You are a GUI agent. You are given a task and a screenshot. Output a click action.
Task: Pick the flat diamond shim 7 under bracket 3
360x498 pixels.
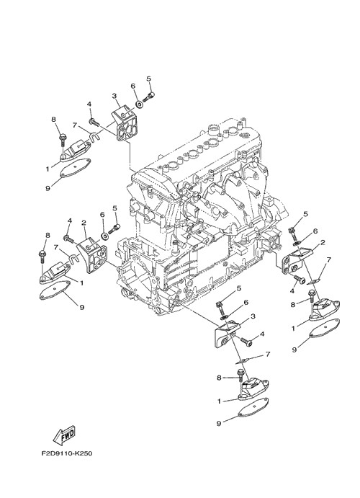coord(243,360)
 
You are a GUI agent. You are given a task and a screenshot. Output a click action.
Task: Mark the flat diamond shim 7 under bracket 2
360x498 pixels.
coord(313,281)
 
